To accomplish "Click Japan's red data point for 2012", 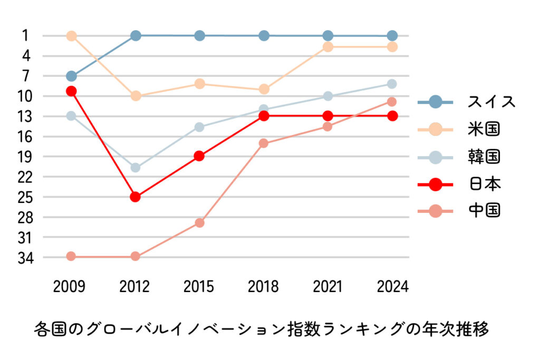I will [135, 197].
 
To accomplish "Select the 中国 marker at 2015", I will [199, 222].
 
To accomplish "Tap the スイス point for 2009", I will [71, 76].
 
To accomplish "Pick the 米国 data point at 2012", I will [136, 96].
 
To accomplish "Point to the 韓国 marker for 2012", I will [135, 168].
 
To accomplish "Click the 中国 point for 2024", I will [392, 102].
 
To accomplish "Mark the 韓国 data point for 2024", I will [392, 84].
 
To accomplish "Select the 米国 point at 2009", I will [71, 36].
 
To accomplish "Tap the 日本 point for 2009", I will [71, 91].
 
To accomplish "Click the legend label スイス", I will [491, 102].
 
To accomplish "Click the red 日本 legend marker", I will [436, 184].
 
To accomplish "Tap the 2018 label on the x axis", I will [263, 287].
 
